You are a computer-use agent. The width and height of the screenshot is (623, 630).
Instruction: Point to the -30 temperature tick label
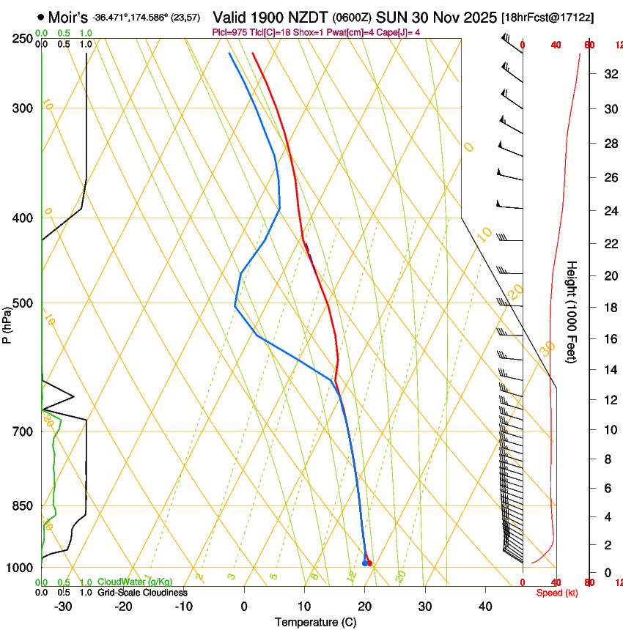coord(63,606)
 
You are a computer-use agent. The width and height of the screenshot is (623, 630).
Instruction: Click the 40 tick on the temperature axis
coord(484,606)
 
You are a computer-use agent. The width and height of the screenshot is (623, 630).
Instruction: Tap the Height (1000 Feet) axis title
coord(572,311)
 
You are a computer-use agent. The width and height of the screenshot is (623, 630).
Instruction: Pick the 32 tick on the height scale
coord(608,73)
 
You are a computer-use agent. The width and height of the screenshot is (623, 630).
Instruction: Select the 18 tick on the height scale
coord(608,308)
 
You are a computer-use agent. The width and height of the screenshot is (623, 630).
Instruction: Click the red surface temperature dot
coord(369,563)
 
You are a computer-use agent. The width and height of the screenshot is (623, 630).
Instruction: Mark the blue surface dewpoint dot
coord(364,563)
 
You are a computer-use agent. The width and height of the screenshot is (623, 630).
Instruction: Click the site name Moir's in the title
coord(67,16)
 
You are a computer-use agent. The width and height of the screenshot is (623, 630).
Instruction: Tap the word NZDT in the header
coord(309,17)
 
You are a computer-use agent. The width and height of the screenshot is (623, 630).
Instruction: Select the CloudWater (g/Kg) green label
coord(135,582)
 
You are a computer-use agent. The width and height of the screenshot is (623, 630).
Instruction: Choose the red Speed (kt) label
coord(556,593)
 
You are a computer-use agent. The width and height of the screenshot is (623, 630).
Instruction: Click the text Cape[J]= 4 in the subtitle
coord(400,32)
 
